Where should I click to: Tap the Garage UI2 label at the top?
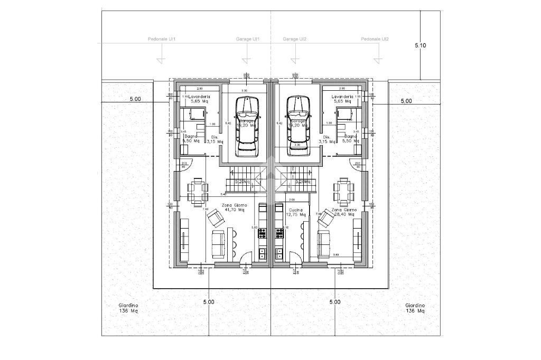click(x=294, y=40)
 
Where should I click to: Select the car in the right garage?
click(x=299, y=126)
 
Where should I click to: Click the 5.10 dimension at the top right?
click(x=421, y=46)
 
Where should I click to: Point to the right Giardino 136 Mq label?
click(x=415, y=308)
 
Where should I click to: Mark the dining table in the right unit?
click(x=343, y=191)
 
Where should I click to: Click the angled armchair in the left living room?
click(x=215, y=217)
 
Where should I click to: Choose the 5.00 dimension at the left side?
click(x=135, y=99)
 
